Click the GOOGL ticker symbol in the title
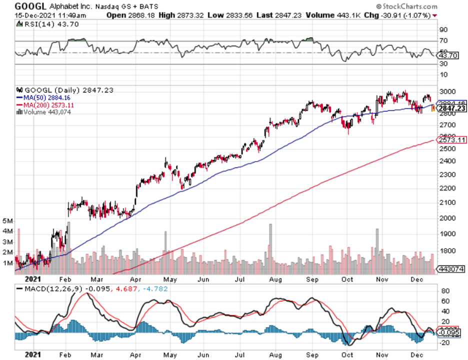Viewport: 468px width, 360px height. coord(30,6)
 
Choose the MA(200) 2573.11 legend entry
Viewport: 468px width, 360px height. coord(47,105)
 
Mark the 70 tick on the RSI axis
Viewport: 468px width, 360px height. coord(443,41)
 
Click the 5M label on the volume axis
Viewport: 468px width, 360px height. coord(8,220)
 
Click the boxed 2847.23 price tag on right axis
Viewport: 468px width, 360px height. coord(451,108)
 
